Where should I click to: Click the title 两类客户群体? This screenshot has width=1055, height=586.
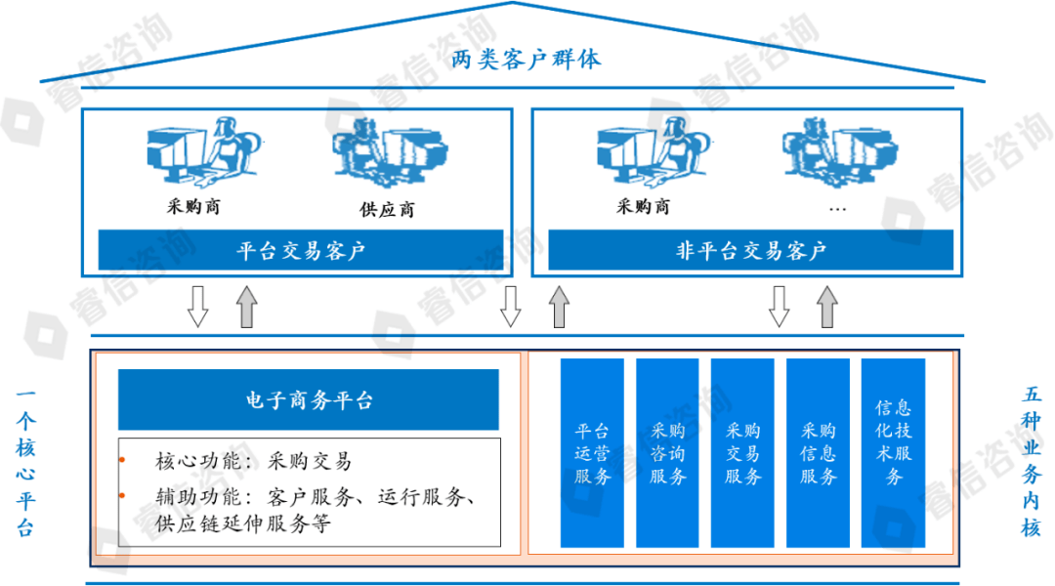click(x=527, y=60)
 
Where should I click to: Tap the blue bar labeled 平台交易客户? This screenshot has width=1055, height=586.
click(x=301, y=251)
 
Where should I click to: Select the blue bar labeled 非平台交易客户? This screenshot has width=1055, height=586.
click(x=751, y=251)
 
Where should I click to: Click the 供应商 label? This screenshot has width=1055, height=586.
click(x=387, y=209)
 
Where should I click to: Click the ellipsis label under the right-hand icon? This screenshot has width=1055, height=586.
click(x=836, y=208)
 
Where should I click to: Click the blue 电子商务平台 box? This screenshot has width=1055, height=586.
click(x=309, y=399)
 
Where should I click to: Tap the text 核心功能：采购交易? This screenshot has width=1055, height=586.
click(x=254, y=461)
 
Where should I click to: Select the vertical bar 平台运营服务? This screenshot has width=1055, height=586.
click(x=592, y=453)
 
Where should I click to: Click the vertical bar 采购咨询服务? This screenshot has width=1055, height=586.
click(x=667, y=453)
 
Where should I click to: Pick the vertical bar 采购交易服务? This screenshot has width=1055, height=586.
click(x=742, y=453)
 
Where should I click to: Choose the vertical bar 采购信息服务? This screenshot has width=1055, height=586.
click(x=819, y=453)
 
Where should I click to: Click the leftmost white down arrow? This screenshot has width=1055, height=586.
click(x=198, y=307)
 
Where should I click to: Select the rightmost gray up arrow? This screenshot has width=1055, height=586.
click(x=827, y=307)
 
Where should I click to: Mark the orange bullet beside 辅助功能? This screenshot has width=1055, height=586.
click(x=122, y=495)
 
